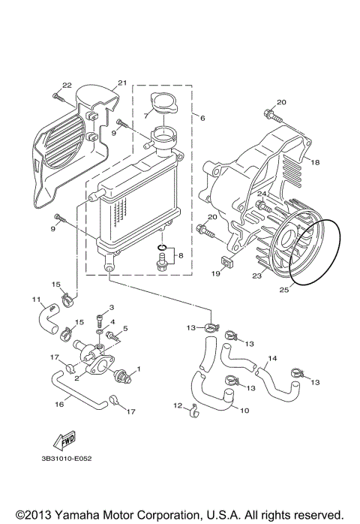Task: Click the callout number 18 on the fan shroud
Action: [315, 162]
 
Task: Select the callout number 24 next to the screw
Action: [262, 194]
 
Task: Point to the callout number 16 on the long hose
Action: [58, 403]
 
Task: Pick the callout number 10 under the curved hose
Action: [242, 410]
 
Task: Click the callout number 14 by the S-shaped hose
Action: [273, 358]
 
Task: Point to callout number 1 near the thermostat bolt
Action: [139, 370]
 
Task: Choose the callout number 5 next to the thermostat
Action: [126, 328]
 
